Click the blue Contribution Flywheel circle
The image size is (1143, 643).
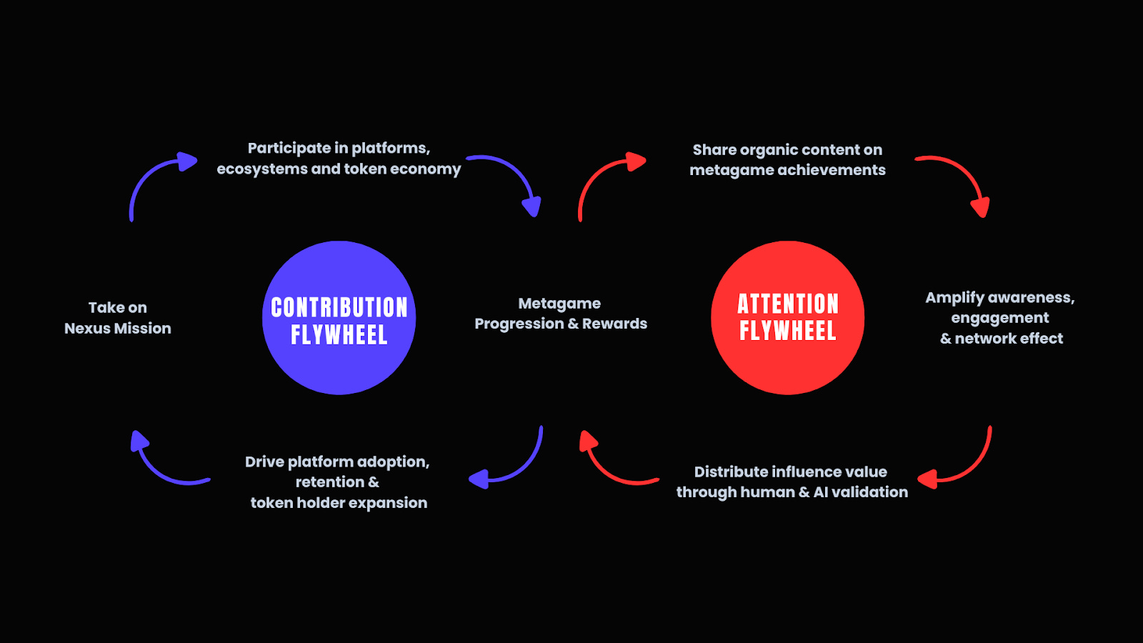click(339, 318)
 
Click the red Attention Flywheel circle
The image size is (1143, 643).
click(787, 318)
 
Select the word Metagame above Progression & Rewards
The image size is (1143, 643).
click(559, 304)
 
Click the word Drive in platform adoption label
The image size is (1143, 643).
click(264, 462)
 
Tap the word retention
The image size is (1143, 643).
click(329, 482)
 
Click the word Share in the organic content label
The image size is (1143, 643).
click(714, 150)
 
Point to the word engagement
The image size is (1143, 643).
click(1000, 319)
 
